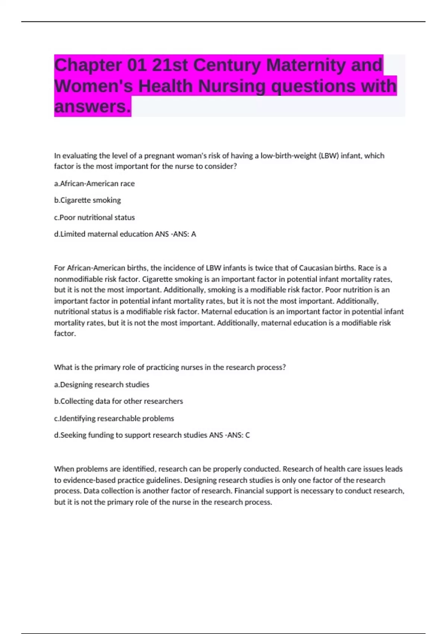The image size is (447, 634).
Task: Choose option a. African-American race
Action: (x=94, y=183)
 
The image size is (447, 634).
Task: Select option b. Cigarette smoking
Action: (x=88, y=200)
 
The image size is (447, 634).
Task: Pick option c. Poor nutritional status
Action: (x=94, y=217)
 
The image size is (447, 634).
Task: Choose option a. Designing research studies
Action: (x=101, y=385)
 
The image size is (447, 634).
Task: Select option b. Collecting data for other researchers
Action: (x=118, y=401)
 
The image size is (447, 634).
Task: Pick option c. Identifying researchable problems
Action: (x=114, y=418)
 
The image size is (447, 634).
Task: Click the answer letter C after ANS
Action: (x=247, y=435)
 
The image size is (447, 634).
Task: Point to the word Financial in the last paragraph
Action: (x=249, y=491)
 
